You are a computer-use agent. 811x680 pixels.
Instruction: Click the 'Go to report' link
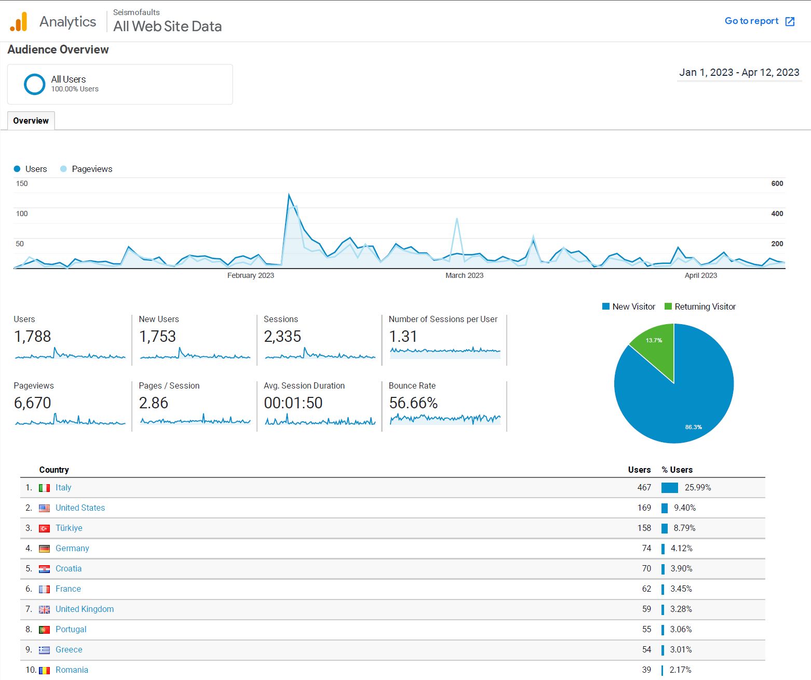[x=759, y=21]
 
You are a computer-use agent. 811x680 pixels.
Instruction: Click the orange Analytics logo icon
[x=19, y=22]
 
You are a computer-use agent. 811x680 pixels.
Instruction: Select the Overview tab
[x=31, y=121]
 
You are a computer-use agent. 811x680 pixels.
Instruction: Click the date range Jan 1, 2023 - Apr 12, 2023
[x=739, y=73]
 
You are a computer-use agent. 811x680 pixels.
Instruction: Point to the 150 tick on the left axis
[x=22, y=183]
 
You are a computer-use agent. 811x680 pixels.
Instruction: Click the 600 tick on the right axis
[x=777, y=183]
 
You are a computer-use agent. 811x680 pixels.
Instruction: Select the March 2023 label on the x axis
[x=464, y=275]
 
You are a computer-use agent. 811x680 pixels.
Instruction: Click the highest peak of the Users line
[x=289, y=195]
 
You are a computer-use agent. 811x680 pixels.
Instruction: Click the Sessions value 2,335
[x=282, y=337]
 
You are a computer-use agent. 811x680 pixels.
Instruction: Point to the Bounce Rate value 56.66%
[x=413, y=403]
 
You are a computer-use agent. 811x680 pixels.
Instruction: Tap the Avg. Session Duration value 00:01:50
[x=293, y=403]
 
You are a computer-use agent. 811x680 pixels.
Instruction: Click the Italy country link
[x=63, y=487]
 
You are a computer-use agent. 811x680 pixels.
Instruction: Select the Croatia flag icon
[x=45, y=569]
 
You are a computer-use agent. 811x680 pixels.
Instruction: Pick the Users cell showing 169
[x=644, y=508]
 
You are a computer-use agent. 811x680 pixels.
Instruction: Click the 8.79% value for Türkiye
[x=684, y=528]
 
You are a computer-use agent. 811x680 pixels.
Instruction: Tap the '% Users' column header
[x=677, y=470]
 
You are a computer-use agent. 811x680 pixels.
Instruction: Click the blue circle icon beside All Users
[x=35, y=84]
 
